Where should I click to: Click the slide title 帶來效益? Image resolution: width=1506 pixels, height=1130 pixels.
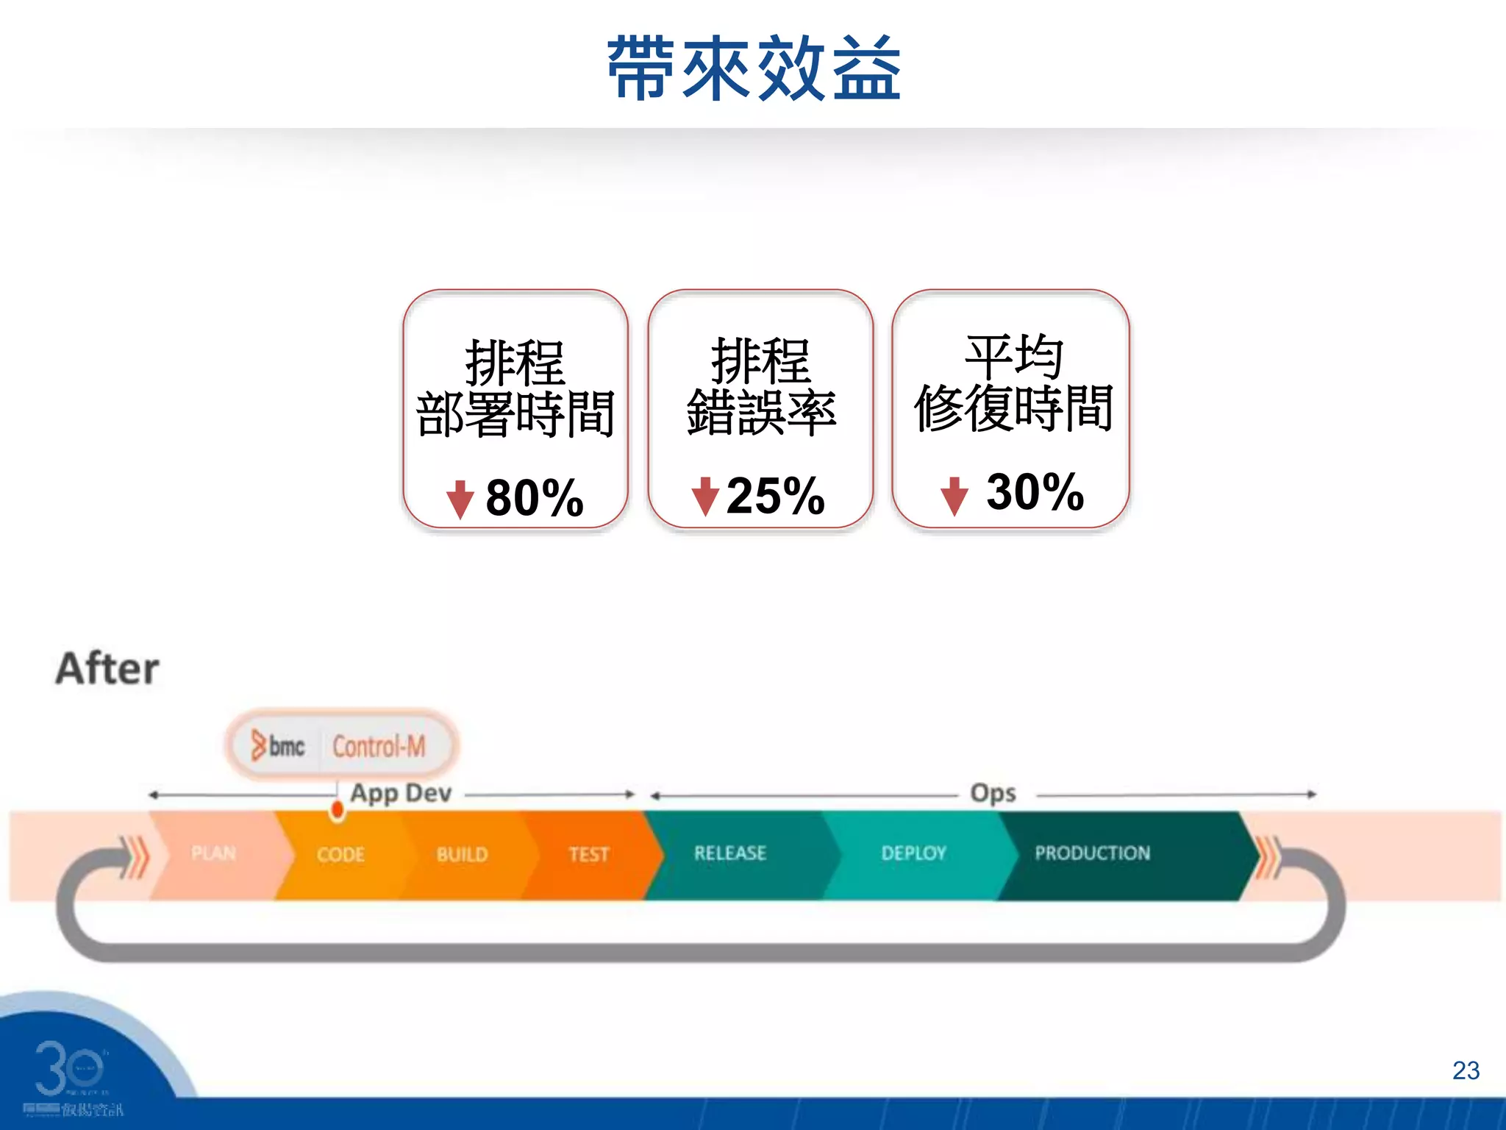point(754,68)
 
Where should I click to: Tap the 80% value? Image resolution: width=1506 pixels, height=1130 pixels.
point(535,498)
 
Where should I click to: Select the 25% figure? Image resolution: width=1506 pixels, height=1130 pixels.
point(775,496)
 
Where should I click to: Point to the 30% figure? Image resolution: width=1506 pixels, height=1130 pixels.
point(1035,491)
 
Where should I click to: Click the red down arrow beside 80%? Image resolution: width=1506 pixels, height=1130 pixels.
point(460,500)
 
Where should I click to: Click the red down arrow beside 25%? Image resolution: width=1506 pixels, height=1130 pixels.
point(705,496)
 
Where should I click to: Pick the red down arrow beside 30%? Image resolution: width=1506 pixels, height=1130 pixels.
point(954,496)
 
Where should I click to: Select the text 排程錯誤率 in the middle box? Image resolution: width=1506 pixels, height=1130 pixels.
point(761,387)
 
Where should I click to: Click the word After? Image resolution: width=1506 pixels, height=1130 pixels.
point(107,669)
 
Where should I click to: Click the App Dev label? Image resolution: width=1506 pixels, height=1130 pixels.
point(401,793)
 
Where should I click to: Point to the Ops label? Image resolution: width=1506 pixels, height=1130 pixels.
point(993,793)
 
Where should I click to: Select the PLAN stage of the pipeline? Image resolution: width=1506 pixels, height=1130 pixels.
point(213,853)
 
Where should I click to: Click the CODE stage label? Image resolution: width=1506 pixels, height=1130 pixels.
point(340,854)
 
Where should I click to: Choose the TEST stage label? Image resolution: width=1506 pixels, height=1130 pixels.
point(589,854)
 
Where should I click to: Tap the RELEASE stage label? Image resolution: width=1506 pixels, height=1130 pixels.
point(730,853)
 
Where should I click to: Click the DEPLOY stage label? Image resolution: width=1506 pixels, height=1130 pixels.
point(913,853)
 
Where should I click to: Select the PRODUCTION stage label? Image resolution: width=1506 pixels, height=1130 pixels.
point(1092,853)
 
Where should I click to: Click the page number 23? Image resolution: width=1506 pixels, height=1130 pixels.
point(1466,1070)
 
